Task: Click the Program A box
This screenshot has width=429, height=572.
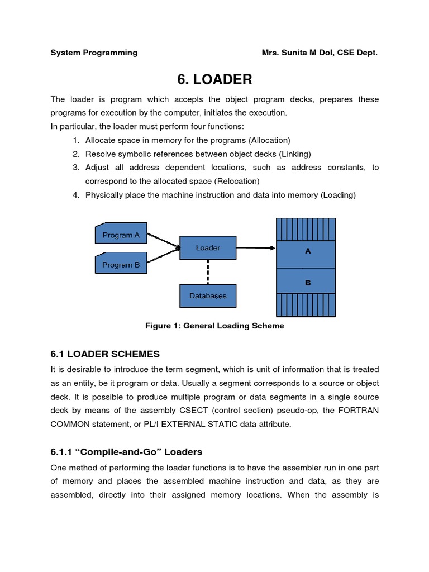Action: (x=121, y=235)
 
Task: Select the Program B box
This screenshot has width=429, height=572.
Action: (x=121, y=265)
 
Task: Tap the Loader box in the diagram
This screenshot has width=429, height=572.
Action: (x=208, y=247)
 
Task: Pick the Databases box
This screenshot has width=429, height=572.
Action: (x=208, y=296)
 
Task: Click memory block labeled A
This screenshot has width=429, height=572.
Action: (x=307, y=252)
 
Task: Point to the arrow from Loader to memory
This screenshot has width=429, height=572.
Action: (x=255, y=248)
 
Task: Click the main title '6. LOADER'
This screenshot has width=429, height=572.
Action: (x=214, y=80)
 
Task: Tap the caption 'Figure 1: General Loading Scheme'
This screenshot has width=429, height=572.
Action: (x=214, y=326)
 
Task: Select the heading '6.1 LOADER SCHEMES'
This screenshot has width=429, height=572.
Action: (x=105, y=354)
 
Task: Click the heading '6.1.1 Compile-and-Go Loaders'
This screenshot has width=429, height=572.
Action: (x=126, y=452)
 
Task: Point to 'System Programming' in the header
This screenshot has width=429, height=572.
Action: (x=94, y=53)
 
